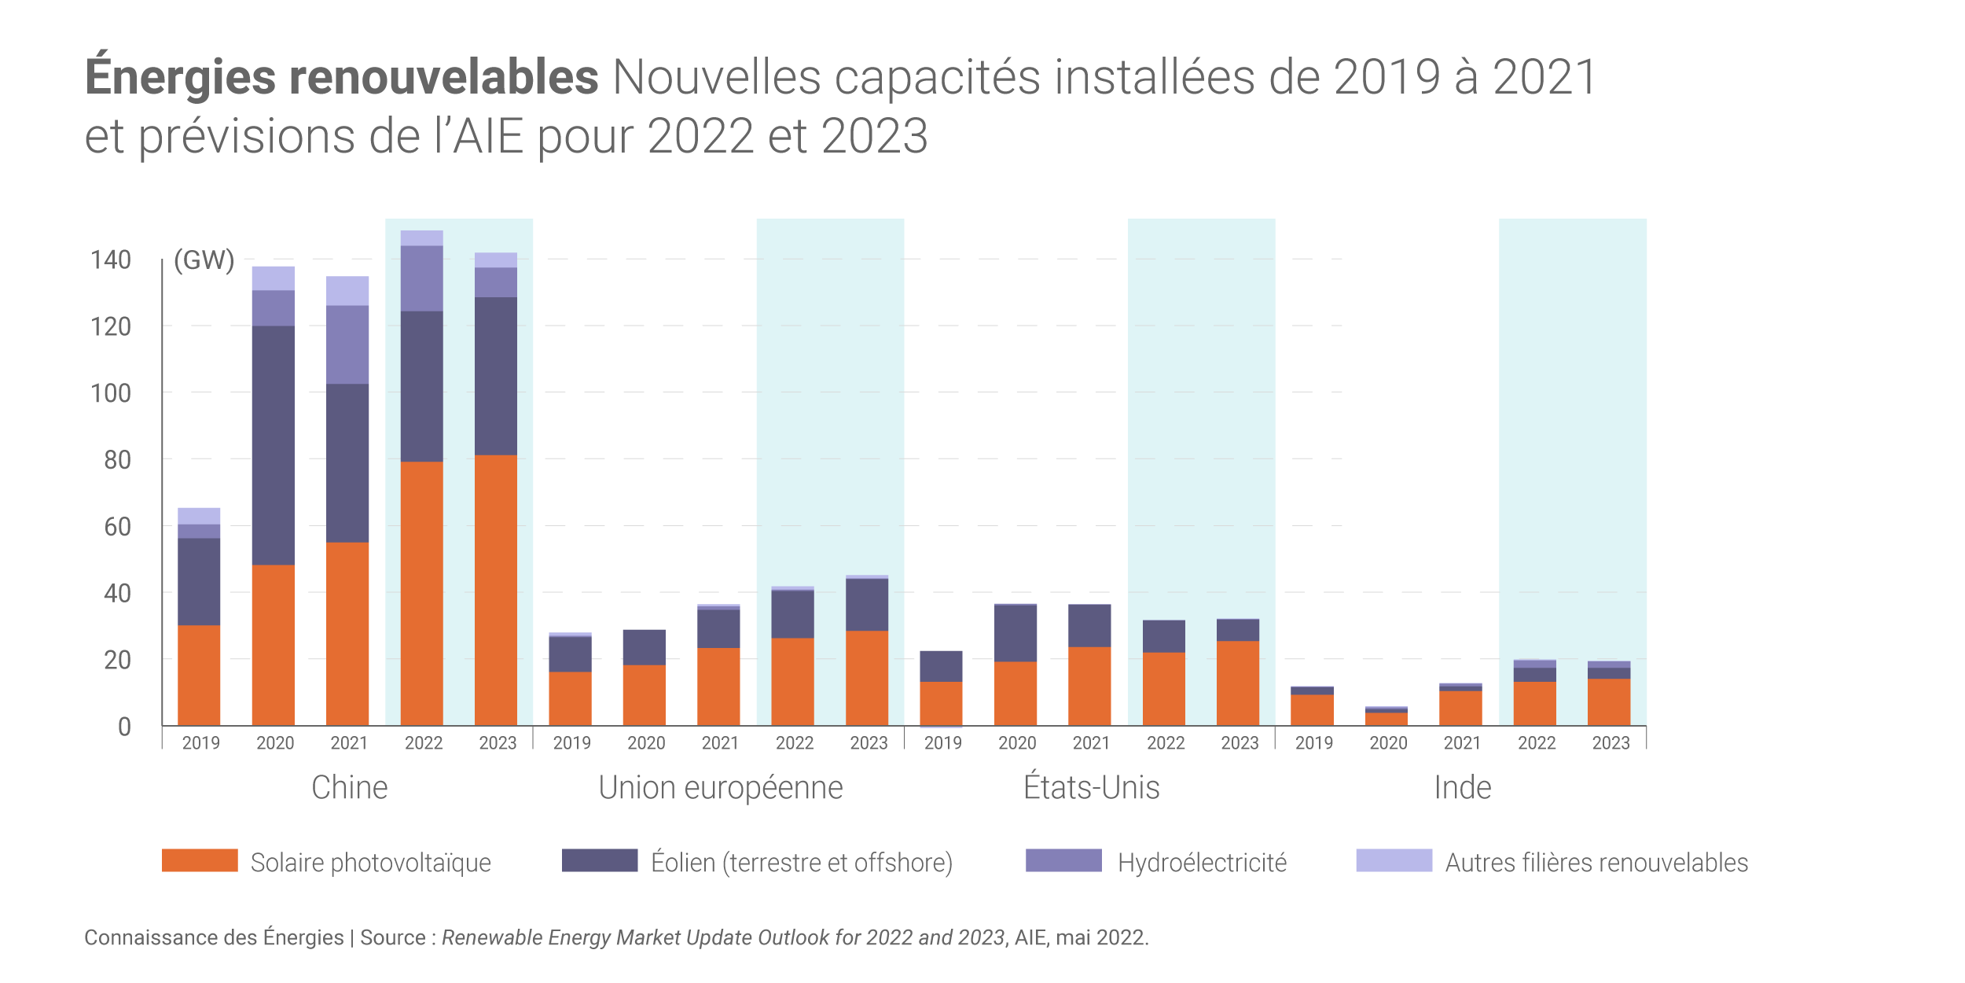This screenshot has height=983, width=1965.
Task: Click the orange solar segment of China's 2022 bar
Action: (421, 594)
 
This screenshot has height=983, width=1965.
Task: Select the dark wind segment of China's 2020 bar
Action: (273, 445)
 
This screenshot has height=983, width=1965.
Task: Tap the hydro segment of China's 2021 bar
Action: (347, 344)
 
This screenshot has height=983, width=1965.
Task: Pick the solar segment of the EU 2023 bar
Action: (867, 678)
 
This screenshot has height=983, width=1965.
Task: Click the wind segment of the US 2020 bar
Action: (1015, 633)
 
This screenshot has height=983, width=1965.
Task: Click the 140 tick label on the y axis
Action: (111, 260)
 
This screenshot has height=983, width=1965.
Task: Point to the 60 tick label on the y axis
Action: (117, 527)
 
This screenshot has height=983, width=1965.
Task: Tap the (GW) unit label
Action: (204, 260)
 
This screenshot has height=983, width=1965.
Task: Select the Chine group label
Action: (350, 788)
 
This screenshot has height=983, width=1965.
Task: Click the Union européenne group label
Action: (721, 788)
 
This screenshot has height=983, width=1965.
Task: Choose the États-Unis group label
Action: (1091, 788)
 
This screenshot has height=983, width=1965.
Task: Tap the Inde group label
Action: (1463, 788)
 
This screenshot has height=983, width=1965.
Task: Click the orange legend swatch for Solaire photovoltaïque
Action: (200, 860)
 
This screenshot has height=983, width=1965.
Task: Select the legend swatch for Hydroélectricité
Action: (1063, 860)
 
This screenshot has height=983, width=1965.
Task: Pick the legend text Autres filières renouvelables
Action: (1596, 863)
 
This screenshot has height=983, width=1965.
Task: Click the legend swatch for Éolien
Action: (600, 860)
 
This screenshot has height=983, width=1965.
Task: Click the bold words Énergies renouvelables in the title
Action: (342, 77)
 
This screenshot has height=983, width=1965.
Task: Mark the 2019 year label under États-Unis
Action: (942, 743)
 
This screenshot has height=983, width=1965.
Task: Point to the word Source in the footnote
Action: (393, 937)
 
